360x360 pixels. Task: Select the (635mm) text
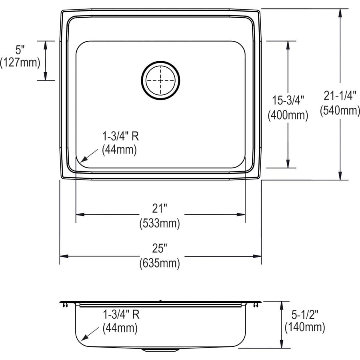coord(159,263)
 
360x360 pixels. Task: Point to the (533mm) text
coord(159,223)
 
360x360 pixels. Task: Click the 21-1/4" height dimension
coord(340,96)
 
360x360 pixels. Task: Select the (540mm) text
coord(340,110)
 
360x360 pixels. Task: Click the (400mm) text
coord(288,116)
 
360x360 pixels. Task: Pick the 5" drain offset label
coord(20,50)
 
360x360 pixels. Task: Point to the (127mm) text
coord(20,62)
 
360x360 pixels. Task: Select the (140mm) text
coord(304,328)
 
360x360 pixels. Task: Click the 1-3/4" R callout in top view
coord(120,136)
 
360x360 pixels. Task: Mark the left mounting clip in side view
coord(64,305)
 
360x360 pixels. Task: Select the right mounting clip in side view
coord(255,305)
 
